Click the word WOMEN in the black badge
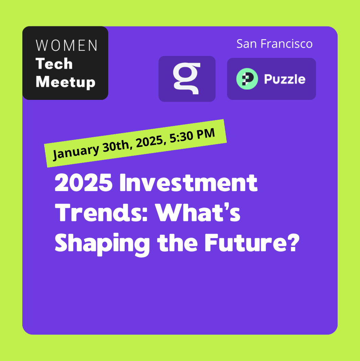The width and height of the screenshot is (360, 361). point(67,45)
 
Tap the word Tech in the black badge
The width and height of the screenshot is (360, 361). point(54,63)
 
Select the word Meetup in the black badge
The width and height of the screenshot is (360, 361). point(66,82)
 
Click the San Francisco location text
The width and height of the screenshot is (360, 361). point(274,44)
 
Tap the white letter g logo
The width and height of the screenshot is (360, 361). point(187,79)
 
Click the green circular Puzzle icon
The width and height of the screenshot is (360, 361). point(247,79)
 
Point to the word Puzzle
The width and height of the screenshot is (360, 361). point(285,79)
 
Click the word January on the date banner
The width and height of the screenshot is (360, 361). point(76,151)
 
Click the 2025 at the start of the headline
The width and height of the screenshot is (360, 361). point(84,182)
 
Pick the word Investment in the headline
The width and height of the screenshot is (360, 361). point(188,182)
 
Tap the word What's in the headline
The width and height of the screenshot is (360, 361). point(198,212)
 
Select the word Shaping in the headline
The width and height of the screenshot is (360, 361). point(102,244)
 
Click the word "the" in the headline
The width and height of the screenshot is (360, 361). point(177,243)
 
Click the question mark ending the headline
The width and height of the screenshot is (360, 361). point(293,243)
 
